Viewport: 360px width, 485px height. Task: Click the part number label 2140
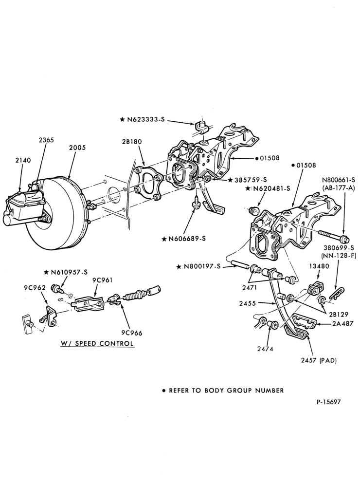23,160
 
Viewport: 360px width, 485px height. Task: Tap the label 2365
46,140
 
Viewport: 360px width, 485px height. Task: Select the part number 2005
77,148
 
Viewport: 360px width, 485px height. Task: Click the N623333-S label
142,119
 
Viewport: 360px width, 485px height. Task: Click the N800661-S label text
339,179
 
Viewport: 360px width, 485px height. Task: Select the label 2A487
343,324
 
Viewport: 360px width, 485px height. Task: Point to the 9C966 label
132,333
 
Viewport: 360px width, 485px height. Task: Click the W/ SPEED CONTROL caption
97,343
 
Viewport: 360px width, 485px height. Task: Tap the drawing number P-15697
328,402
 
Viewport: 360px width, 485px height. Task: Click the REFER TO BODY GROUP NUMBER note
223,391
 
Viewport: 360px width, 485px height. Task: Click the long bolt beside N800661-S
334,237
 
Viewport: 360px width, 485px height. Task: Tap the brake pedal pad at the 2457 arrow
297,334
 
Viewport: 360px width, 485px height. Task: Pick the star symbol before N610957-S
46,272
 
